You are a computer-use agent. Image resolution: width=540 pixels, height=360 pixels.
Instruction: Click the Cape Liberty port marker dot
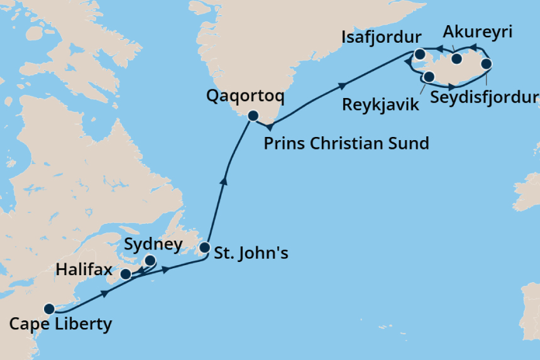[x=49, y=308]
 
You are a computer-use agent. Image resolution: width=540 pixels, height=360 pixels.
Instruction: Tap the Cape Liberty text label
[x=60, y=325]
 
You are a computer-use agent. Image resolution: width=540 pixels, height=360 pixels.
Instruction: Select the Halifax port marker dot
[x=126, y=274]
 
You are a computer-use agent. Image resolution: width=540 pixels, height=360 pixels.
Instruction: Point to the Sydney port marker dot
[x=150, y=260]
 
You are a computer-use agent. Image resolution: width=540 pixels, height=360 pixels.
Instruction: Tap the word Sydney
[x=153, y=244]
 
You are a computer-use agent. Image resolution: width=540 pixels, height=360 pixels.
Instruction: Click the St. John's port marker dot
[x=204, y=248]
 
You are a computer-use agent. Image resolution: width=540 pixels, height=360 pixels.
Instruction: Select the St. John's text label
[x=252, y=254]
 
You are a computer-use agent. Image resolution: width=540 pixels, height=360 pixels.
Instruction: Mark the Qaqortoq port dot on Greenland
[x=253, y=116]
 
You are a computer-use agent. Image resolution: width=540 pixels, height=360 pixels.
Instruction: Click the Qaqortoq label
[x=245, y=97]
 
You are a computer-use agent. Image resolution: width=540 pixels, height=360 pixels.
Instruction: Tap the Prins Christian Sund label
[x=346, y=143]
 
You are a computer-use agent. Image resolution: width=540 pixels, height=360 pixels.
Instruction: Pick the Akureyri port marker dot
[x=457, y=59]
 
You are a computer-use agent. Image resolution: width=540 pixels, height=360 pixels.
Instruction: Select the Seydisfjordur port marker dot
[x=487, y=64]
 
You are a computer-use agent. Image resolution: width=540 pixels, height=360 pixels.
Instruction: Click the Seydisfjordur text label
[x=485, y=98]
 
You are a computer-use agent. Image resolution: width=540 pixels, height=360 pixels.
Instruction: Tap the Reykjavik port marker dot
[x=429, y=77]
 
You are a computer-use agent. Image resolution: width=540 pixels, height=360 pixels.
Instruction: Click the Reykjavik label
[x=380, y=104]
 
